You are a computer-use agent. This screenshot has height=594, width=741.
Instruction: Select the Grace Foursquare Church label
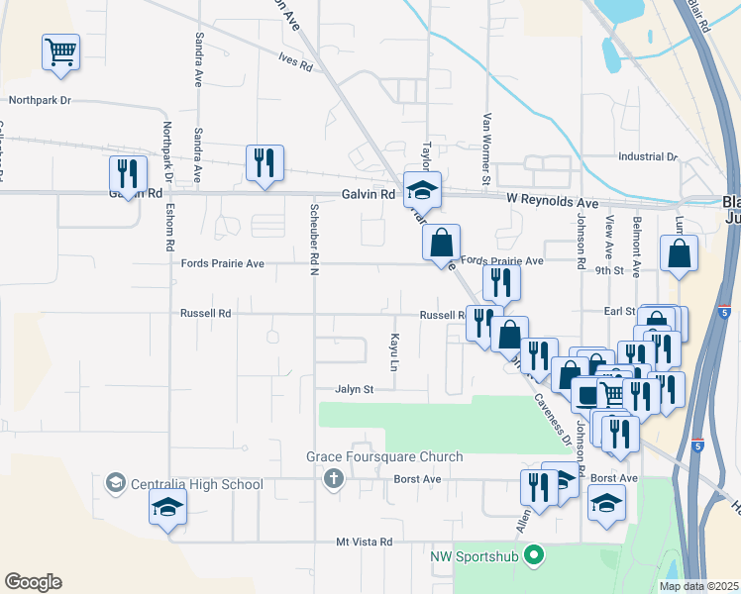click(384, 456)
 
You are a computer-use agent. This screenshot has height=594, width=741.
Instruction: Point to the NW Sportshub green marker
click(534, 555)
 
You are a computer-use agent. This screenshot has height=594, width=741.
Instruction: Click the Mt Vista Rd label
click(365, 542)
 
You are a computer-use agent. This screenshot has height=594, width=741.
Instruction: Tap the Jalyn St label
click(354, 389)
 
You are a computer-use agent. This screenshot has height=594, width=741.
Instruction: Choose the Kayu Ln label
click(393, 352)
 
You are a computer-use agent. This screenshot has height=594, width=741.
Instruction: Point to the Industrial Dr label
click(647, 156)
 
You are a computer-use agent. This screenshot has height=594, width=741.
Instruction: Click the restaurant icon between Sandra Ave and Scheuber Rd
click(265, 163)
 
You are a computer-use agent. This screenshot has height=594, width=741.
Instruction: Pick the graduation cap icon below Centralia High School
click(167, 509)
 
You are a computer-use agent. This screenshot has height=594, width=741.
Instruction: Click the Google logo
click(33, 582)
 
